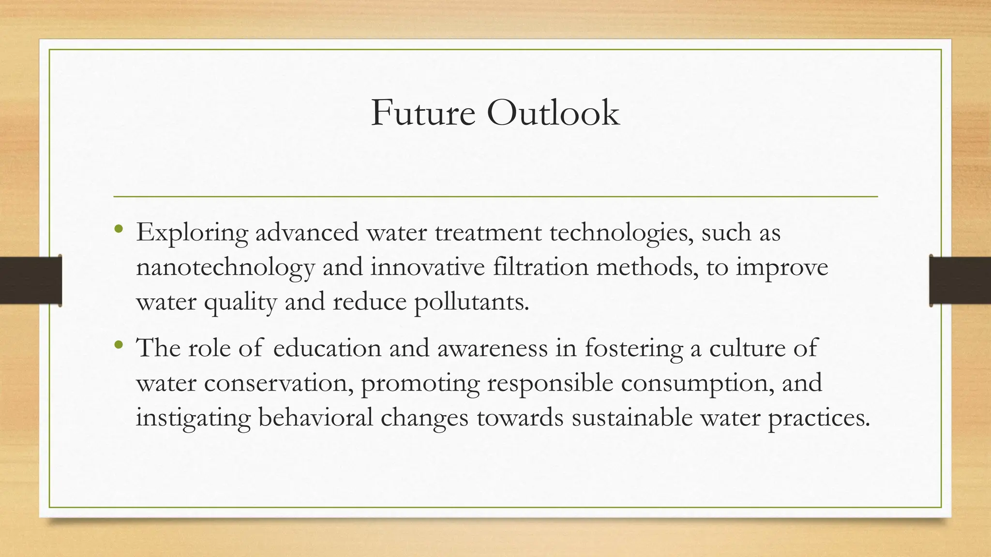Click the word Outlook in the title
click(x=553, y=113)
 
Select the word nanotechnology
click(x=225, y=267)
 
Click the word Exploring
click(x=192, y=233)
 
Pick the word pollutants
click(x=471, y=302)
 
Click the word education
click(x=327, y=348)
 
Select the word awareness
click(x=493, y=348)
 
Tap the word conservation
click(x=278, y=383)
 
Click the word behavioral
click(x=315, y=417)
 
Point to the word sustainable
click(x=632, y=417)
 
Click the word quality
click(x=240, y=302)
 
